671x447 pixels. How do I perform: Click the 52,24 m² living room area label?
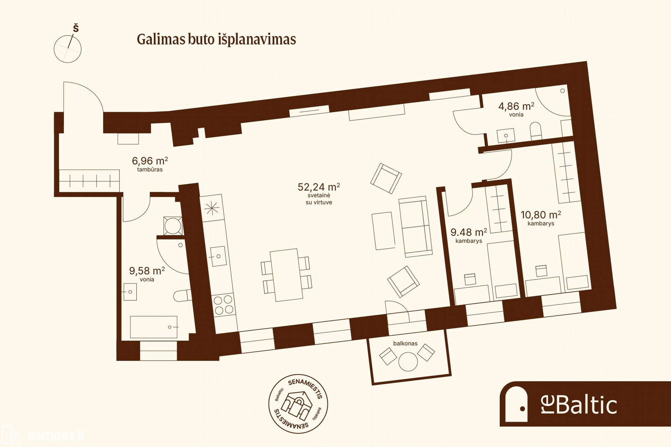[x=319, y=187]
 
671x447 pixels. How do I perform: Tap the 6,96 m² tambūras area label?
[x=150, y=161]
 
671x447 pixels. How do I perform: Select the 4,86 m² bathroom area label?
[x=516, y=106]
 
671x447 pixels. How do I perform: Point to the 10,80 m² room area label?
[x=541, y=215]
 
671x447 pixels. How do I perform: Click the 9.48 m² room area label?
[x=469, y=232]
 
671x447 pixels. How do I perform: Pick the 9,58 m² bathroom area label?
[x=147, y=271]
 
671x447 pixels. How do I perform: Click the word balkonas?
[x=405, y=343]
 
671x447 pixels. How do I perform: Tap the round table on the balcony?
[x=408, y=361]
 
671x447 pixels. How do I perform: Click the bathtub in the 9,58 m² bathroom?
[x=154, y=327]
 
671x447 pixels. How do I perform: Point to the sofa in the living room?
[x=415, y=226]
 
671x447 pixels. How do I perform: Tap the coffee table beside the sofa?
[x=383, y=231]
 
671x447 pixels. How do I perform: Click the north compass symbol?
[x=68, y=46]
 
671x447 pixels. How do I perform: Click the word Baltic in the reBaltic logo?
[x=587, y=405]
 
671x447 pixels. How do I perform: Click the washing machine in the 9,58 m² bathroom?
[x=173, y=226]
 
